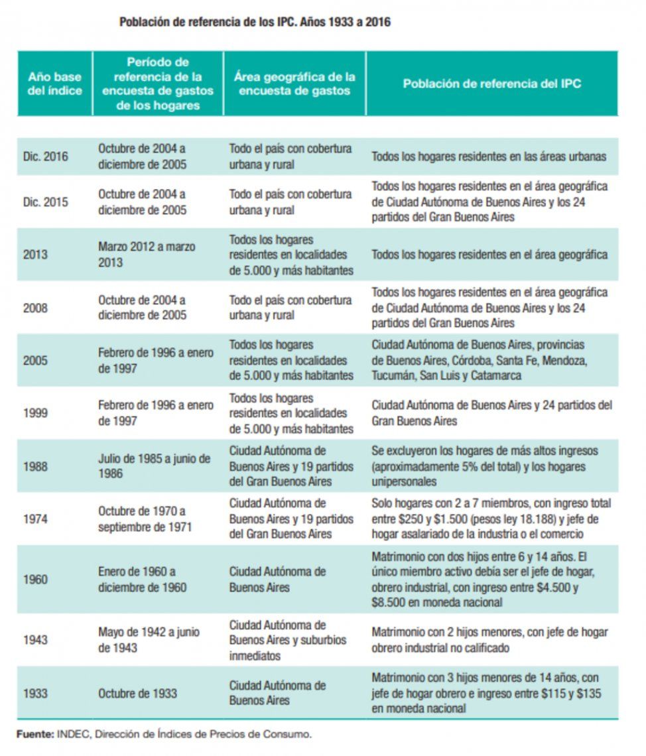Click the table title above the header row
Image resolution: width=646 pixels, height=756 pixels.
point(255,22)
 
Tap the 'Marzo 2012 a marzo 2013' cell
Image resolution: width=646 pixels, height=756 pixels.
point(147,255)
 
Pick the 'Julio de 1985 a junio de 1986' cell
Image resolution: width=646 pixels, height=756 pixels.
point(154,466)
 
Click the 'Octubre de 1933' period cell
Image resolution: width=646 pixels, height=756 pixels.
point(137,693)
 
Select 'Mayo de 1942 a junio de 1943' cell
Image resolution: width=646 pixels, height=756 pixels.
point(149,640)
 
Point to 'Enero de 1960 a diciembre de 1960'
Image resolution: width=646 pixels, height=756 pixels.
point(142,579)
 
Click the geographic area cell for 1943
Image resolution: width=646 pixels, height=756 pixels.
point(278,640)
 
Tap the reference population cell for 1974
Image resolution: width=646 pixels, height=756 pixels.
point(491,519)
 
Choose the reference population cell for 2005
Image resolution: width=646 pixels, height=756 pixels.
point(479,360)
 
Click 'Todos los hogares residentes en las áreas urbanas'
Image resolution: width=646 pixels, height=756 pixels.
point(489,157)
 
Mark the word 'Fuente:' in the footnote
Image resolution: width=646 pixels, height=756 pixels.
point(34,734)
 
